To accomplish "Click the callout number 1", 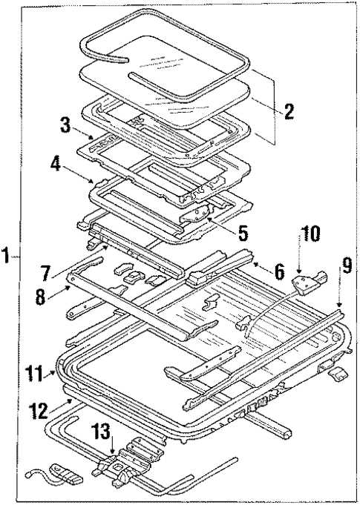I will pos(6,257).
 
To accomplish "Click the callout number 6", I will pos(278,271).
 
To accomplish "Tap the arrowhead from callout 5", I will pos(209,219).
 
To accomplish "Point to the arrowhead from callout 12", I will pos(71,399).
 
